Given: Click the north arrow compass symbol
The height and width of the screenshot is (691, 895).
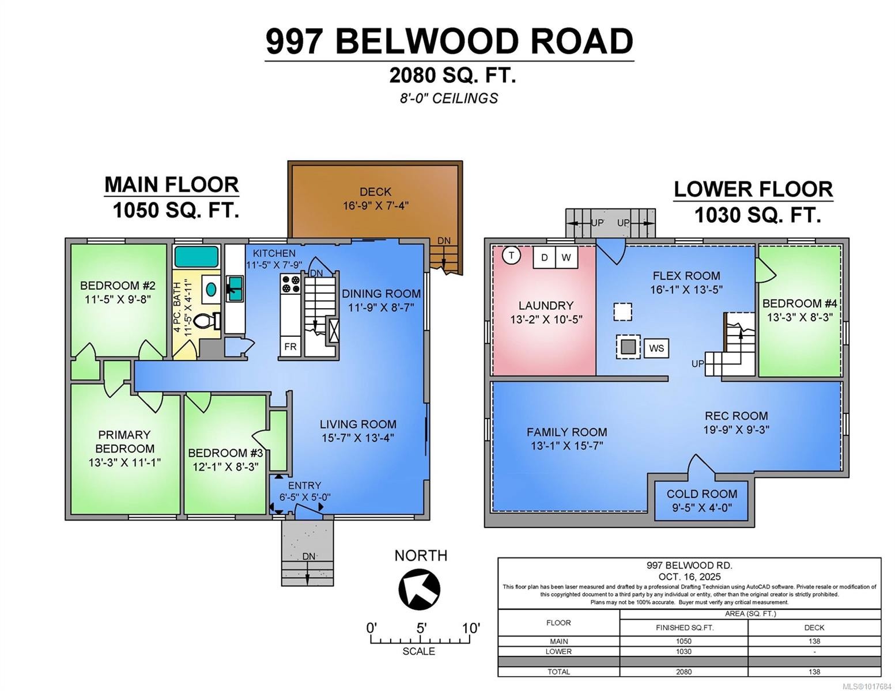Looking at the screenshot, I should (x=419, y=589).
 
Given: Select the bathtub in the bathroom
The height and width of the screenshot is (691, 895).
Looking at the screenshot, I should (x=197, y=257).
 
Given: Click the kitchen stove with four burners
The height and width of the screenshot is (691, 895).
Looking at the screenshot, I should (x=290, y=283).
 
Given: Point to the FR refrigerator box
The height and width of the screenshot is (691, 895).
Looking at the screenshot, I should (x=290, y=347).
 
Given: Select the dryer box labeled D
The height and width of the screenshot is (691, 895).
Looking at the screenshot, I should (x=544, y=257).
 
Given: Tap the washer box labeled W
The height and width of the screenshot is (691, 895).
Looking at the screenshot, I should (x=566, y=257).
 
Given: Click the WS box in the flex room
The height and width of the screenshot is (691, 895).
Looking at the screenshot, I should (x=656, y=348).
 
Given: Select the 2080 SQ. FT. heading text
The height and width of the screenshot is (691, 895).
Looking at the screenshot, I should (x=452, y=75).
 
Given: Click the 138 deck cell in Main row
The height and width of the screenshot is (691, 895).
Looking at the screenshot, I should (x=814, y=641).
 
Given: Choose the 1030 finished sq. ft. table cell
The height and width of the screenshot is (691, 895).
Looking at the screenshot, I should (x=683, y=651).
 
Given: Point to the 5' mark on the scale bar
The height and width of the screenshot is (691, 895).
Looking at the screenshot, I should (x=421, y=628).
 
